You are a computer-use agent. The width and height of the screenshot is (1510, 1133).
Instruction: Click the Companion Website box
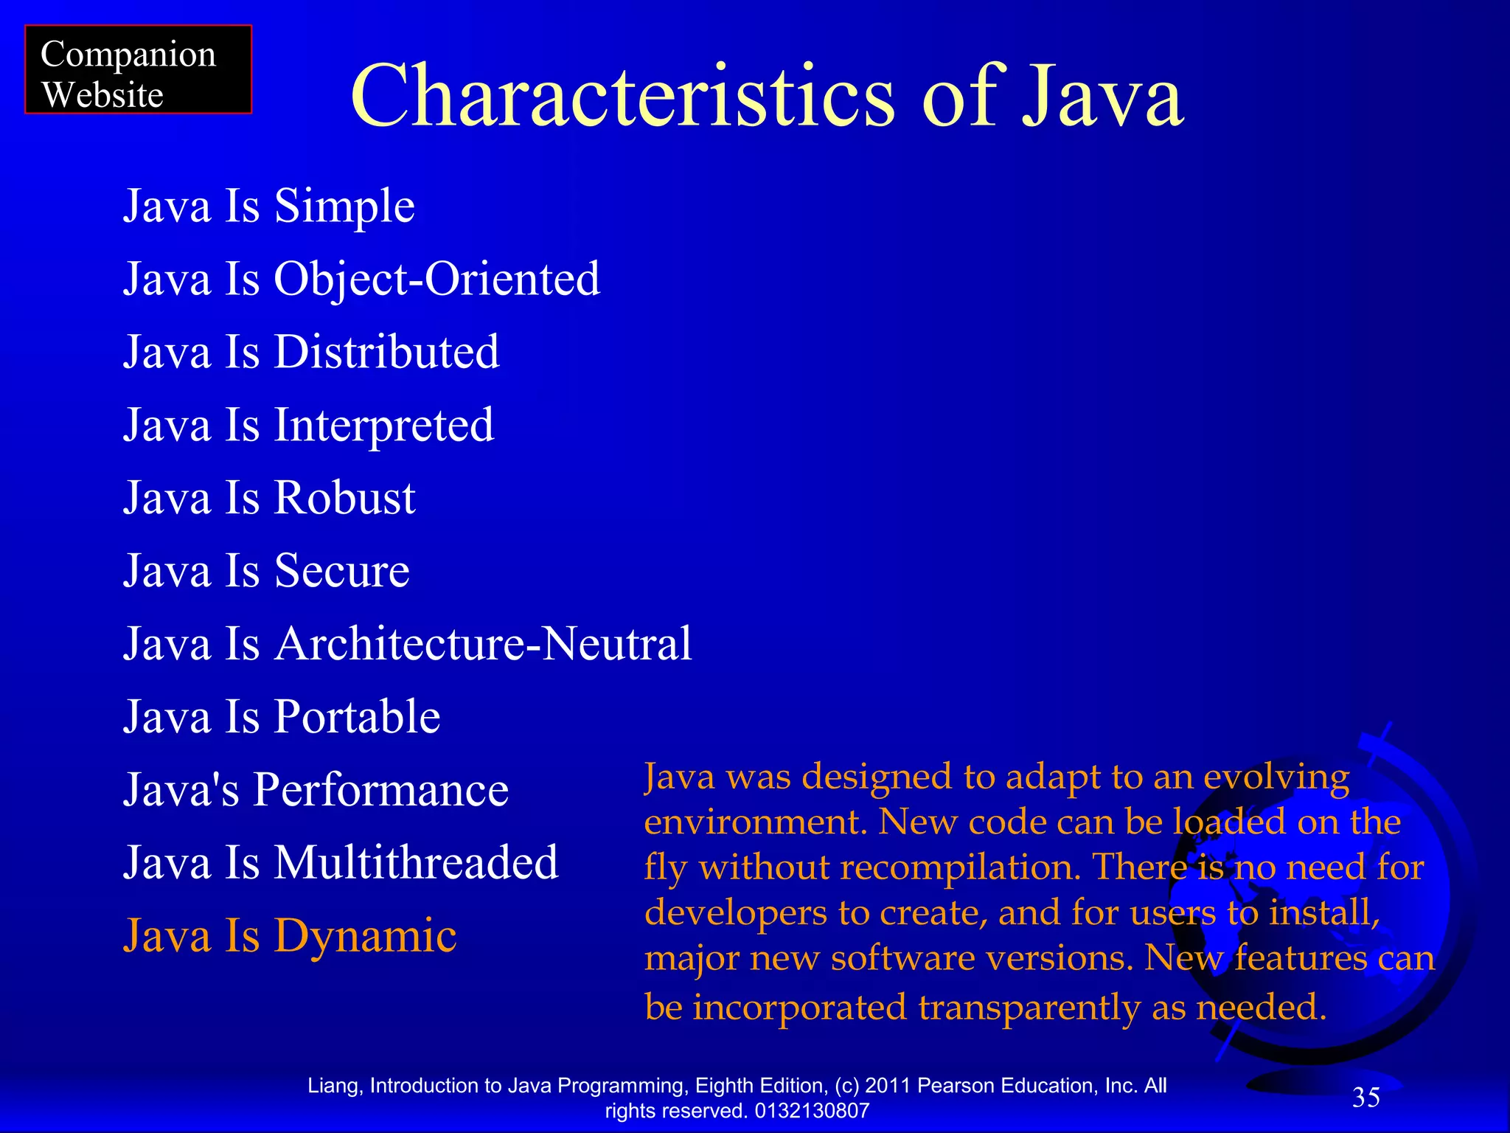(138, 70)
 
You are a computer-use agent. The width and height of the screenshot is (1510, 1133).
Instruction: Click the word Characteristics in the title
(622, 96)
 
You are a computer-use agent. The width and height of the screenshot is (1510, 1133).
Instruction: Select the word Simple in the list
(344, 206)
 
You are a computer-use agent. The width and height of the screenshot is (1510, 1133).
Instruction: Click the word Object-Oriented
(437, 279)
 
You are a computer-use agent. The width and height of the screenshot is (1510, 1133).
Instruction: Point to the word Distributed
(386, 352)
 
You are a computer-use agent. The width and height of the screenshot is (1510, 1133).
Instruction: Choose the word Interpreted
(384, 426)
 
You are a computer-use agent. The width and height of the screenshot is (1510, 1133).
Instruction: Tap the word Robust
(344, 498)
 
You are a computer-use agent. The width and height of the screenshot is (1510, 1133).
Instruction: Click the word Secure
(341, 571)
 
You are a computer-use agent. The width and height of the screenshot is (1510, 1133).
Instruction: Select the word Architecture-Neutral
(483, 644)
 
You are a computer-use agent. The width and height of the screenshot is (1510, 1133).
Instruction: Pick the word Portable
(357, 717)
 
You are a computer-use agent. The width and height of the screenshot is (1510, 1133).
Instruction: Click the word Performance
(380, 790)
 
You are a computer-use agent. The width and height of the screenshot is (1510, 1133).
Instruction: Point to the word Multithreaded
(416, 863)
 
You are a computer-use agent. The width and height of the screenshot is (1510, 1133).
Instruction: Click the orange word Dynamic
(365, 936)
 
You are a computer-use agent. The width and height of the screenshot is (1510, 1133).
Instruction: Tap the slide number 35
(1365, 1098)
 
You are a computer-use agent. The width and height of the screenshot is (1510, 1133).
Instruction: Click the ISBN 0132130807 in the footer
(812, 1111)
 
